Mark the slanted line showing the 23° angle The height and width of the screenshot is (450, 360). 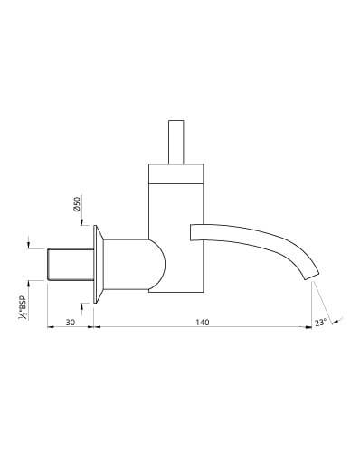(x=323, y=302)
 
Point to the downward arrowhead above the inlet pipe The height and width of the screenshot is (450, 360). (x=31, y=241)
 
